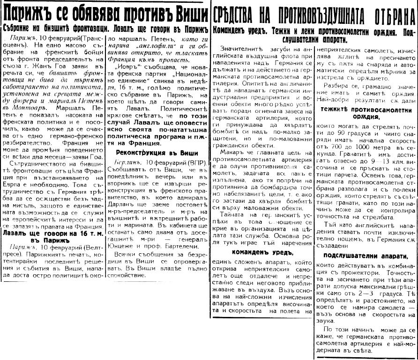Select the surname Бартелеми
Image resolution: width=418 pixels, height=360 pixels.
coord(177,244)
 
